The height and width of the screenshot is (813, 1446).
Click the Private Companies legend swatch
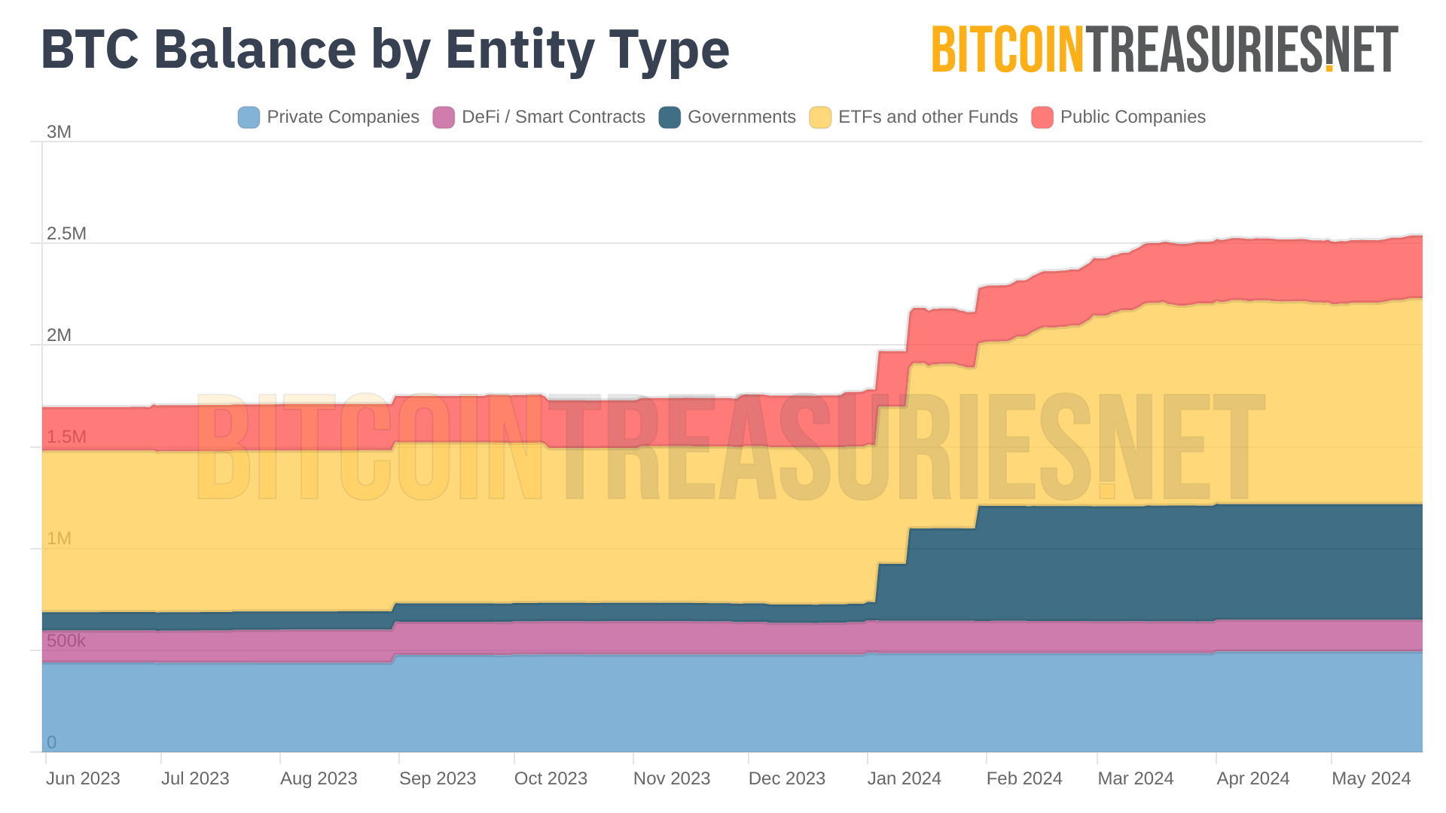249,117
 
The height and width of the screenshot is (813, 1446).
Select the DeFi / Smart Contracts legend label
553,117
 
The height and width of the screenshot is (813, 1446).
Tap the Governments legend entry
741,117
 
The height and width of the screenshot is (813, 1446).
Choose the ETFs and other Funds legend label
927,117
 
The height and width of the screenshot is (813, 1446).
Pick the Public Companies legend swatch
1042,117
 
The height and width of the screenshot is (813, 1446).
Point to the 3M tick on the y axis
59,132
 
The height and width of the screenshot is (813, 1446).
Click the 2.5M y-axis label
66,234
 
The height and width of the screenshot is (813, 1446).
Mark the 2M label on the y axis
59,336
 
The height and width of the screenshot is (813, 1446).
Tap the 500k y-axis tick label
66,641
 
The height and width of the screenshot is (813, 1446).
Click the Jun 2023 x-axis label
83,779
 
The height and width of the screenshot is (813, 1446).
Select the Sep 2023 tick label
438,779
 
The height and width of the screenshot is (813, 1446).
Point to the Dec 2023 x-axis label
786,779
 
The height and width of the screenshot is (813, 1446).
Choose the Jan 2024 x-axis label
904,779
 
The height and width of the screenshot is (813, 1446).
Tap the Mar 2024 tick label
1135,779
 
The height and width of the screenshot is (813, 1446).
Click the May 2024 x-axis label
1371,779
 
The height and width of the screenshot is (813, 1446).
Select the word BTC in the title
90,50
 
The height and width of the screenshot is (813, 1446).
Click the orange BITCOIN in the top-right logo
1007,50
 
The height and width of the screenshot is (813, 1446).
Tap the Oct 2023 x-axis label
551,779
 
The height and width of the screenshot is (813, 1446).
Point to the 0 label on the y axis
51,743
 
